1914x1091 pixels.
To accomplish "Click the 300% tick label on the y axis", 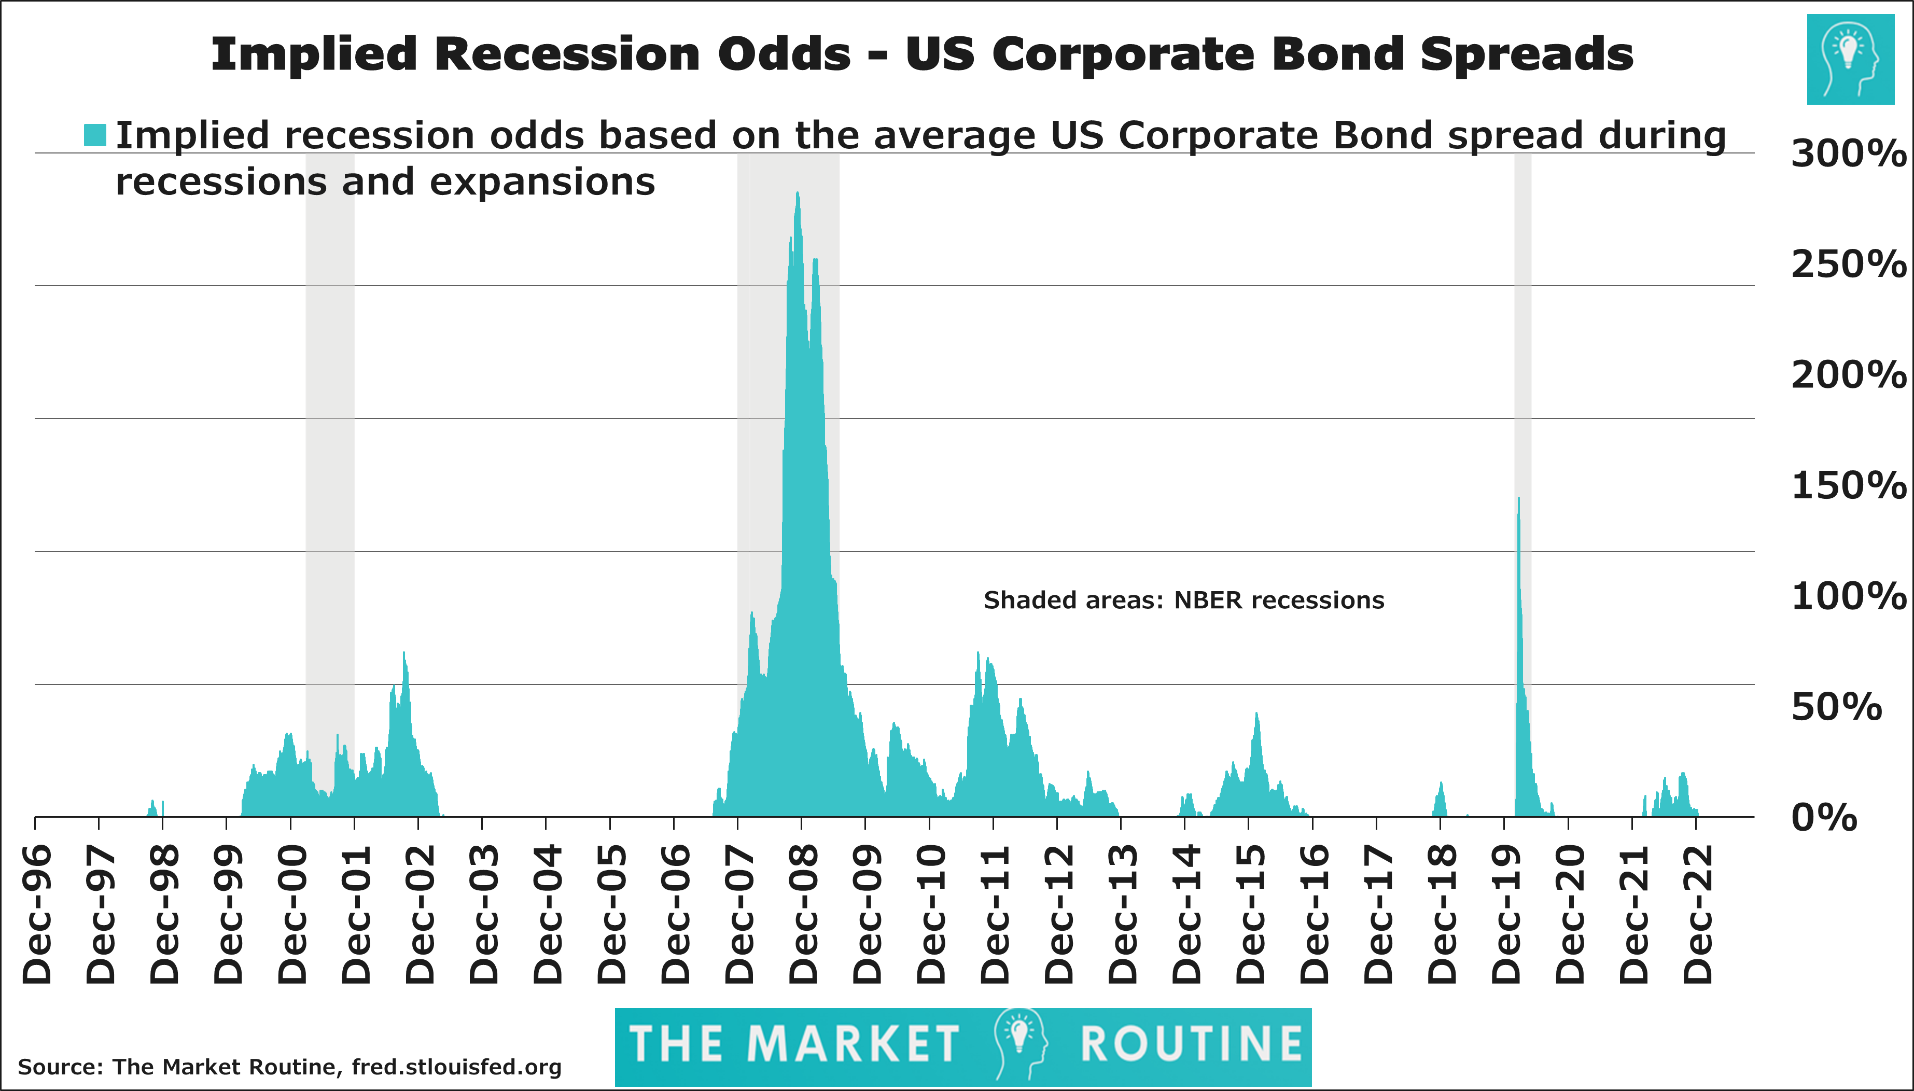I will click(1847, 155).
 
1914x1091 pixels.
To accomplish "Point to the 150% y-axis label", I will click(1847, 486).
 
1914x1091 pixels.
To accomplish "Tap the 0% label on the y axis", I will click(1823, 818).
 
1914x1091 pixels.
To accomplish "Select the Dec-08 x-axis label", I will click(803, 914).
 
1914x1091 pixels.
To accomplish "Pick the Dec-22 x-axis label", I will click(1698, 914).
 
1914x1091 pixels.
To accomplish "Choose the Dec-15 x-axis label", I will click(1250, 914).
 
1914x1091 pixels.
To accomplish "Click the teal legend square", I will click(95, 135).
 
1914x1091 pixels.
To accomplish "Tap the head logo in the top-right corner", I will click(1850, 59).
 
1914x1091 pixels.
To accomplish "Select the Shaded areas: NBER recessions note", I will click(1183, 600).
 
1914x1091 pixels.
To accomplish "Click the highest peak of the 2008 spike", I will click(797, 193).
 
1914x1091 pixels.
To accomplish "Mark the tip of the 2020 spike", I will click(1518, 498).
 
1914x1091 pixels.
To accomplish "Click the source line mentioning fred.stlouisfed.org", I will click(289, 1066).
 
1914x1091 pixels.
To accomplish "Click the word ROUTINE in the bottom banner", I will click(1191, 1044).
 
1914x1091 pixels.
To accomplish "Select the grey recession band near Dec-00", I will click(330, 450).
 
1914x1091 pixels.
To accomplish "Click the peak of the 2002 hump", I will click(404, 653).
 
